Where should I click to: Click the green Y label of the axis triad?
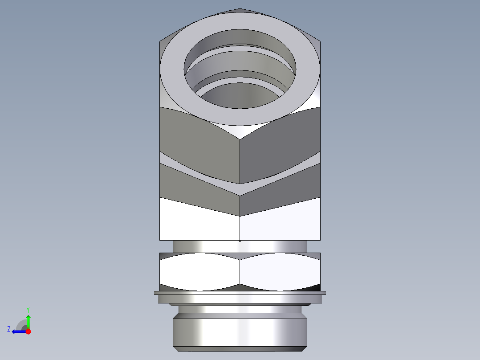click(x=28, y=309)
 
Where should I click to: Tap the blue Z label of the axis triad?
click(x=9, y=329)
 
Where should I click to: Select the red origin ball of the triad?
click(x=28, y=331)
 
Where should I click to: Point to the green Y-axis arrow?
click(x=28, y=321)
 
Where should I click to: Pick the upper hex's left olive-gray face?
click(x=200, y=143)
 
